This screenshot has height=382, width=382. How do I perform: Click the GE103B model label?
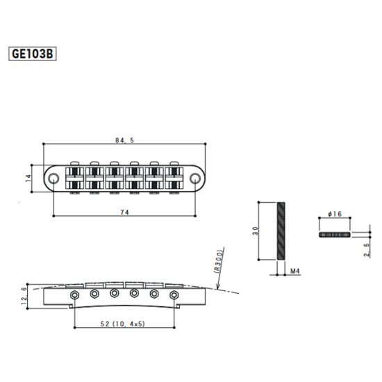33,53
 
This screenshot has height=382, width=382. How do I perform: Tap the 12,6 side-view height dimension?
24,294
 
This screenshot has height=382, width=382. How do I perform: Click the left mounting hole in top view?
54,177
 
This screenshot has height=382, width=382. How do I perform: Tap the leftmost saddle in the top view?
73,178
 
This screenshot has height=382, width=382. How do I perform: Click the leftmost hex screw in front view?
74,297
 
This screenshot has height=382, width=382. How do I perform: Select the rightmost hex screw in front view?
174,297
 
